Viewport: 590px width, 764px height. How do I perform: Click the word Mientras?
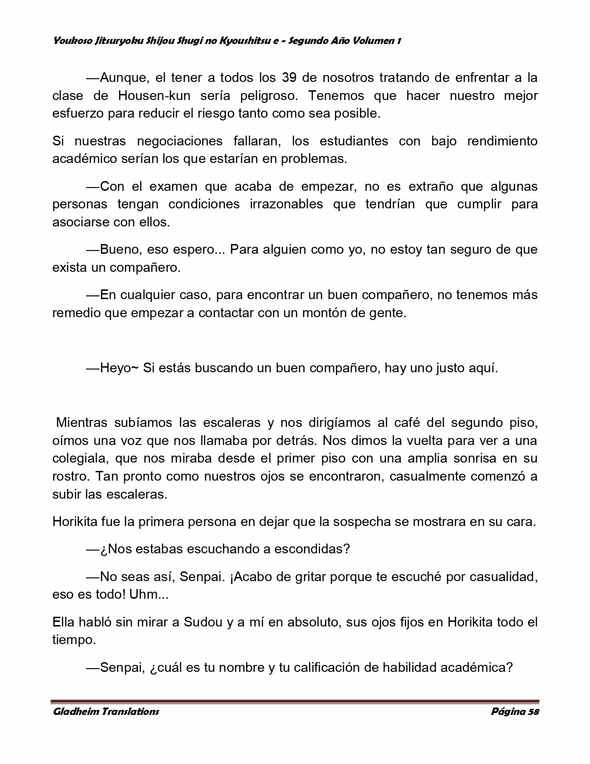[x=82, y=422]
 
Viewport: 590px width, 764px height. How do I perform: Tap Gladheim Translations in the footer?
[x=106, y=712]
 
